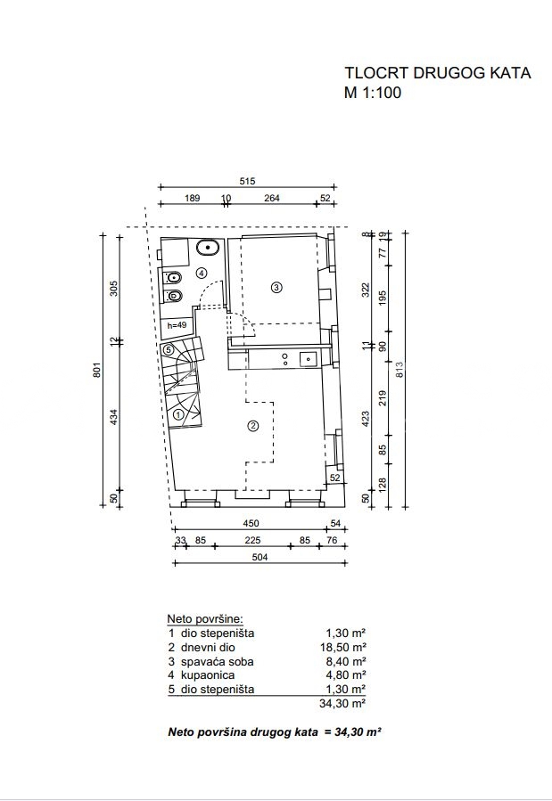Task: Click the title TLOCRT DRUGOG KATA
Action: tap(438, 73)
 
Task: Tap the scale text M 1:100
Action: tap(373, 93)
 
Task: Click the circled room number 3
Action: tap(276, 287)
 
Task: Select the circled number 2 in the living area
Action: tap(252, 426)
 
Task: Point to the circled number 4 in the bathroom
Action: tap(202, 273)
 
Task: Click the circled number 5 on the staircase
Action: tap(169, 350)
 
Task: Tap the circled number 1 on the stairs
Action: tap(178, 415)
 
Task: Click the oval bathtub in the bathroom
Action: tap(208, 247)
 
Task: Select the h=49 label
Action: tap(177, 325)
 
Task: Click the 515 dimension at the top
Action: tap(247, 181)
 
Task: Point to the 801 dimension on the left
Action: tap(97, 370)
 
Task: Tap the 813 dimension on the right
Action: tap(400, 370)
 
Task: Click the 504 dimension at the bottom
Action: tap(260, 557)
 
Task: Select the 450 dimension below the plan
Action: tap(251, 523)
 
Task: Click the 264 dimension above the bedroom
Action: tap(272, 198)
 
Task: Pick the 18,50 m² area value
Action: tap(342, 647)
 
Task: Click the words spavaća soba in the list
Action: tap(218, 661)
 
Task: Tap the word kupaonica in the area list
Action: tap(208, 675)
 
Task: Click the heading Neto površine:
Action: tap(205, 619)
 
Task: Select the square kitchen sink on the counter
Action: tap(309, 359)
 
